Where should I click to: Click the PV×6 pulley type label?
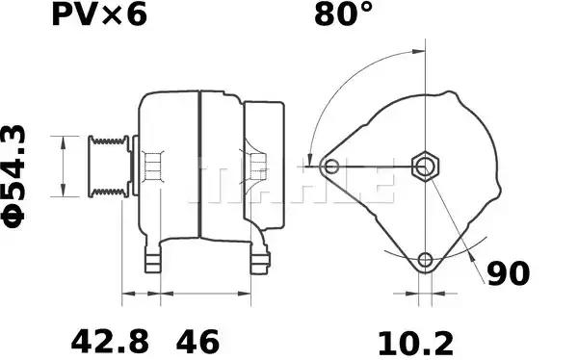[99, 14]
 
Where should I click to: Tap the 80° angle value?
[343, 14]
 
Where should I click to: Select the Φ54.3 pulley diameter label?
[14, 177]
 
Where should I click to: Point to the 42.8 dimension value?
[110, 342]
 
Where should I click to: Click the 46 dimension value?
[197, 342]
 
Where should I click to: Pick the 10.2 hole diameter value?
[416, 344]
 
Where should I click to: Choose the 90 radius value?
[509, 273]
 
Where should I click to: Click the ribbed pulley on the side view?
[109, 167]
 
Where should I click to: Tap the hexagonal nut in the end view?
[426, 167]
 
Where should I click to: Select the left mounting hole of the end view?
[331, 167]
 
